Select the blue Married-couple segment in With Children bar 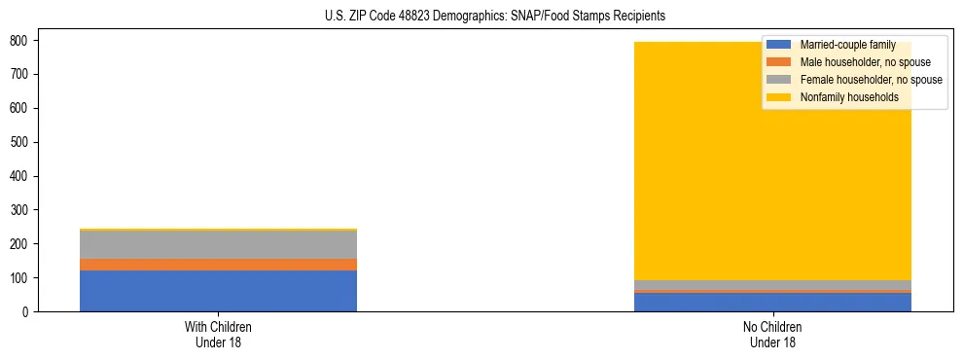(218, 291)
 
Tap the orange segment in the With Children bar (218, 265)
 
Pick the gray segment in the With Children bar (218, 245)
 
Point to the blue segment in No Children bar (772, 303)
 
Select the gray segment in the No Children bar (772, 285)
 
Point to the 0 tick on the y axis (26, 312)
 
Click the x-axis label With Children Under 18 (218, 334)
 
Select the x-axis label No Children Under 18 (772, 334)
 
